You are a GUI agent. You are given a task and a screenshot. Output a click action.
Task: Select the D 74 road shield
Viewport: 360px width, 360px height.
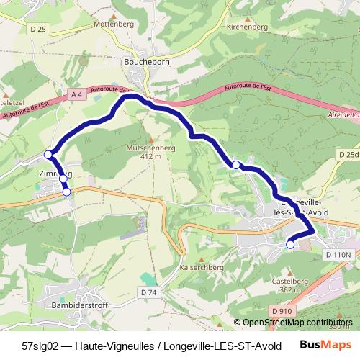pyautogui.click(x=149, y=292)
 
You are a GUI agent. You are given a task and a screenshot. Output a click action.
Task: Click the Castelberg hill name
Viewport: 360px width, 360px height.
pyautogui.click(x=290, y=280)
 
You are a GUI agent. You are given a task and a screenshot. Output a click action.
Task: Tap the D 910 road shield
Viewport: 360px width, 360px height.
pyautogui.click(x=284, y=310)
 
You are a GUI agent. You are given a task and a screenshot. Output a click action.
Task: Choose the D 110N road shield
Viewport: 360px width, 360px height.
pyautogui.click(x=338, y=255)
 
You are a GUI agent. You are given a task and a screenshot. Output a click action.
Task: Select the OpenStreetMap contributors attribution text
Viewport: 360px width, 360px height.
pyautogui.click(x=298, y=323)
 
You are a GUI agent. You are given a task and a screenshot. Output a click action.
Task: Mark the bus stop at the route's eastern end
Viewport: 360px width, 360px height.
pyautogui.click(x=290, y=244)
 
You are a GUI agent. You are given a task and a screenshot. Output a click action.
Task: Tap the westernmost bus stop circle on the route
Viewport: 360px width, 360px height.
pyautogui.click(x=48, y=154)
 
